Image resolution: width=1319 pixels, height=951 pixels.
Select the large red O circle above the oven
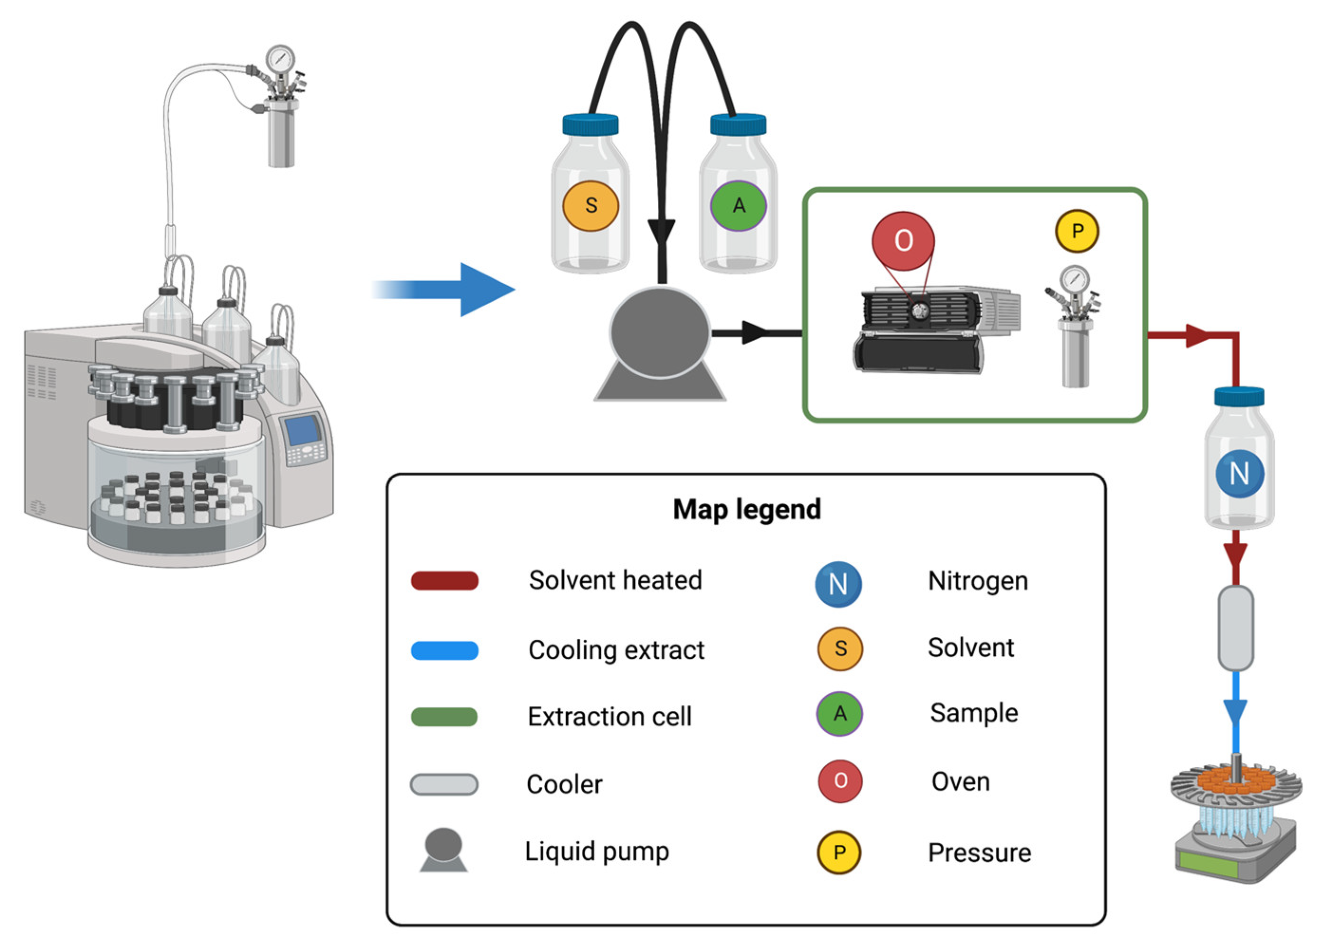(903, 240)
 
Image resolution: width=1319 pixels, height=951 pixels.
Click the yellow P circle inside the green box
(1076, 231)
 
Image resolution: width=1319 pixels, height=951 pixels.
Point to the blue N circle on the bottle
(1239, 473)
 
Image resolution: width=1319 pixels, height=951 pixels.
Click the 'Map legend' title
(746, 509)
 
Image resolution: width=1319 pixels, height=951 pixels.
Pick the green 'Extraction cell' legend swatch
(444, 717)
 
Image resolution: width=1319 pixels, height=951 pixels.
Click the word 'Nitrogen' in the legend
(978, 581)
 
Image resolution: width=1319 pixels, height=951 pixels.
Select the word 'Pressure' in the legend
(979, 853)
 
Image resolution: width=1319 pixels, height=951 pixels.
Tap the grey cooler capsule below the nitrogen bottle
(1235, 628)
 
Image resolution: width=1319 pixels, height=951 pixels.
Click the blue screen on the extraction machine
(302, 430)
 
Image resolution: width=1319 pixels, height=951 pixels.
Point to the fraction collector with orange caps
(1235, 814)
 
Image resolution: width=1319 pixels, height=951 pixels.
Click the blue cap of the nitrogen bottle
(1239, 398)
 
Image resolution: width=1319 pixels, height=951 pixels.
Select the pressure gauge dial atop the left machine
(281, 59)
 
